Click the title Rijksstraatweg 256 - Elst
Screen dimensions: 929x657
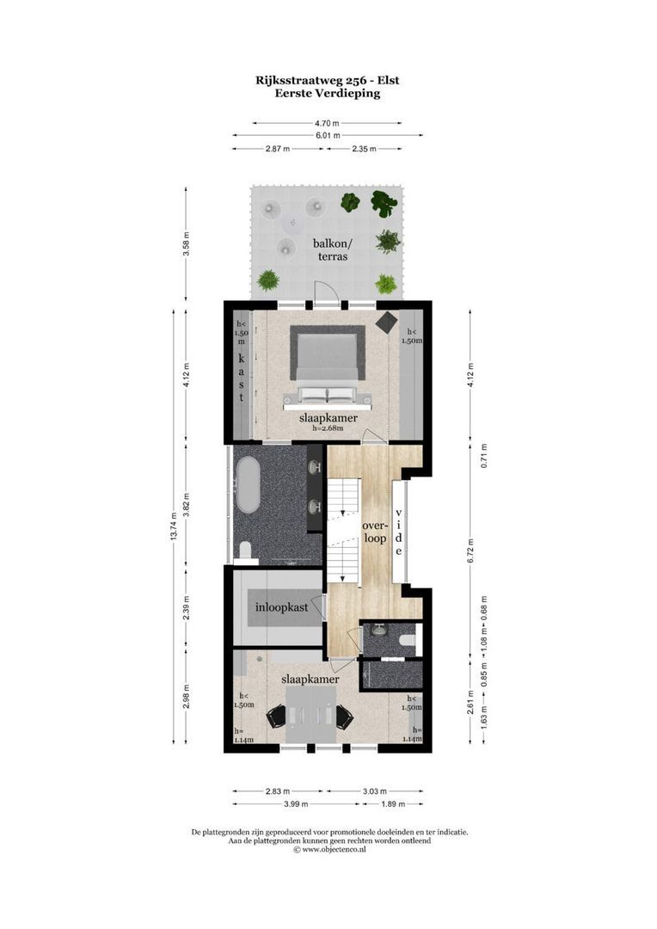(327, 80)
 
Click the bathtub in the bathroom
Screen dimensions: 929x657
(249, 484)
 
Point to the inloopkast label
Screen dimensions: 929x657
(281, 608)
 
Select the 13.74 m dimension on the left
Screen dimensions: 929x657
(175, 526)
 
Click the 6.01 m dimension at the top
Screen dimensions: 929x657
(327, 135)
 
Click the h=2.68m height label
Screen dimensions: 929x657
(328, 428)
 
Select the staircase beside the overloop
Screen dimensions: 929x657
(346, 532)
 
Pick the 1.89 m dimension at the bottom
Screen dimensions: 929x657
(391, 803)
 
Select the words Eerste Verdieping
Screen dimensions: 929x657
(327, 94)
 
